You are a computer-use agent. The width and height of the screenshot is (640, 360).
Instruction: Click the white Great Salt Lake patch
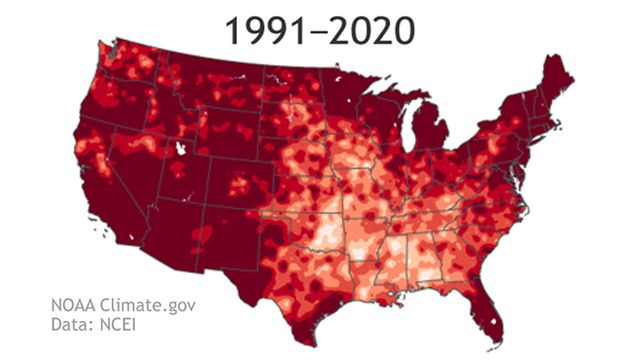(x=181, y=148)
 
